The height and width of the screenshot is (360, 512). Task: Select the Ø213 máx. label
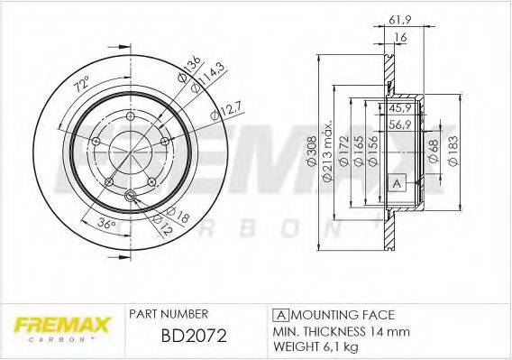tap(330, 150)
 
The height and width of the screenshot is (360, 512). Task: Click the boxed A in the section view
tap(394, 183)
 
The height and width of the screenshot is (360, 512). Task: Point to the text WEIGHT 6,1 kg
tap(319, 346)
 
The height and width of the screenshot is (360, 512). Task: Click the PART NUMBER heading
tap(169, 315)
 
